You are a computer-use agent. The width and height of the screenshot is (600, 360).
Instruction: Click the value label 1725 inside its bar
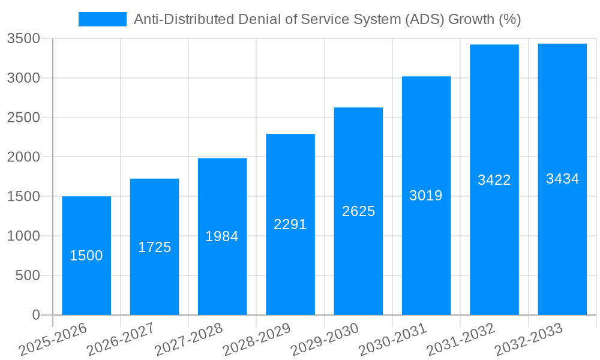(x=155, y=247)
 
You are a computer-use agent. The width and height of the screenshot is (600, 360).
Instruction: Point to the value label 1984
(x=222, y=236)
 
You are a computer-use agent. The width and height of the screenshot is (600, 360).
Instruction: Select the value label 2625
(x=358, y=211)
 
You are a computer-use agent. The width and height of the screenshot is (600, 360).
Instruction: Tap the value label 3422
(x=494, y=180)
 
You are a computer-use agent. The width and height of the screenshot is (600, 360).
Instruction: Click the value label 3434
(x=562, y=179)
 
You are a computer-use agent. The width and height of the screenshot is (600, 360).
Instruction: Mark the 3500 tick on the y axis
(x=23, y=39)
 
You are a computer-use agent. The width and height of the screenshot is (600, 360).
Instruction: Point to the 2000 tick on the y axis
(x=23, y=157)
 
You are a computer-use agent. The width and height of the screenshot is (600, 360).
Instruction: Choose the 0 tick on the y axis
(x=35, y=315)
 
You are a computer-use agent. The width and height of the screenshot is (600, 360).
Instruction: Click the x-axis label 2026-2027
(x=120, y=339)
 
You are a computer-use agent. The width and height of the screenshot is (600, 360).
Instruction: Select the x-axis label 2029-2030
(x=324, y=339)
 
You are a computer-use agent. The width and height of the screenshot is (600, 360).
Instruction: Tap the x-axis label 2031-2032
(x=460, y=339)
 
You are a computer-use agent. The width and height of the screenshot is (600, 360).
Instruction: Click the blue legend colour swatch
(x=103, y=19)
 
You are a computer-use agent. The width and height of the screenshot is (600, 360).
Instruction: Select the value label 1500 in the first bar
(x=86, y=256)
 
